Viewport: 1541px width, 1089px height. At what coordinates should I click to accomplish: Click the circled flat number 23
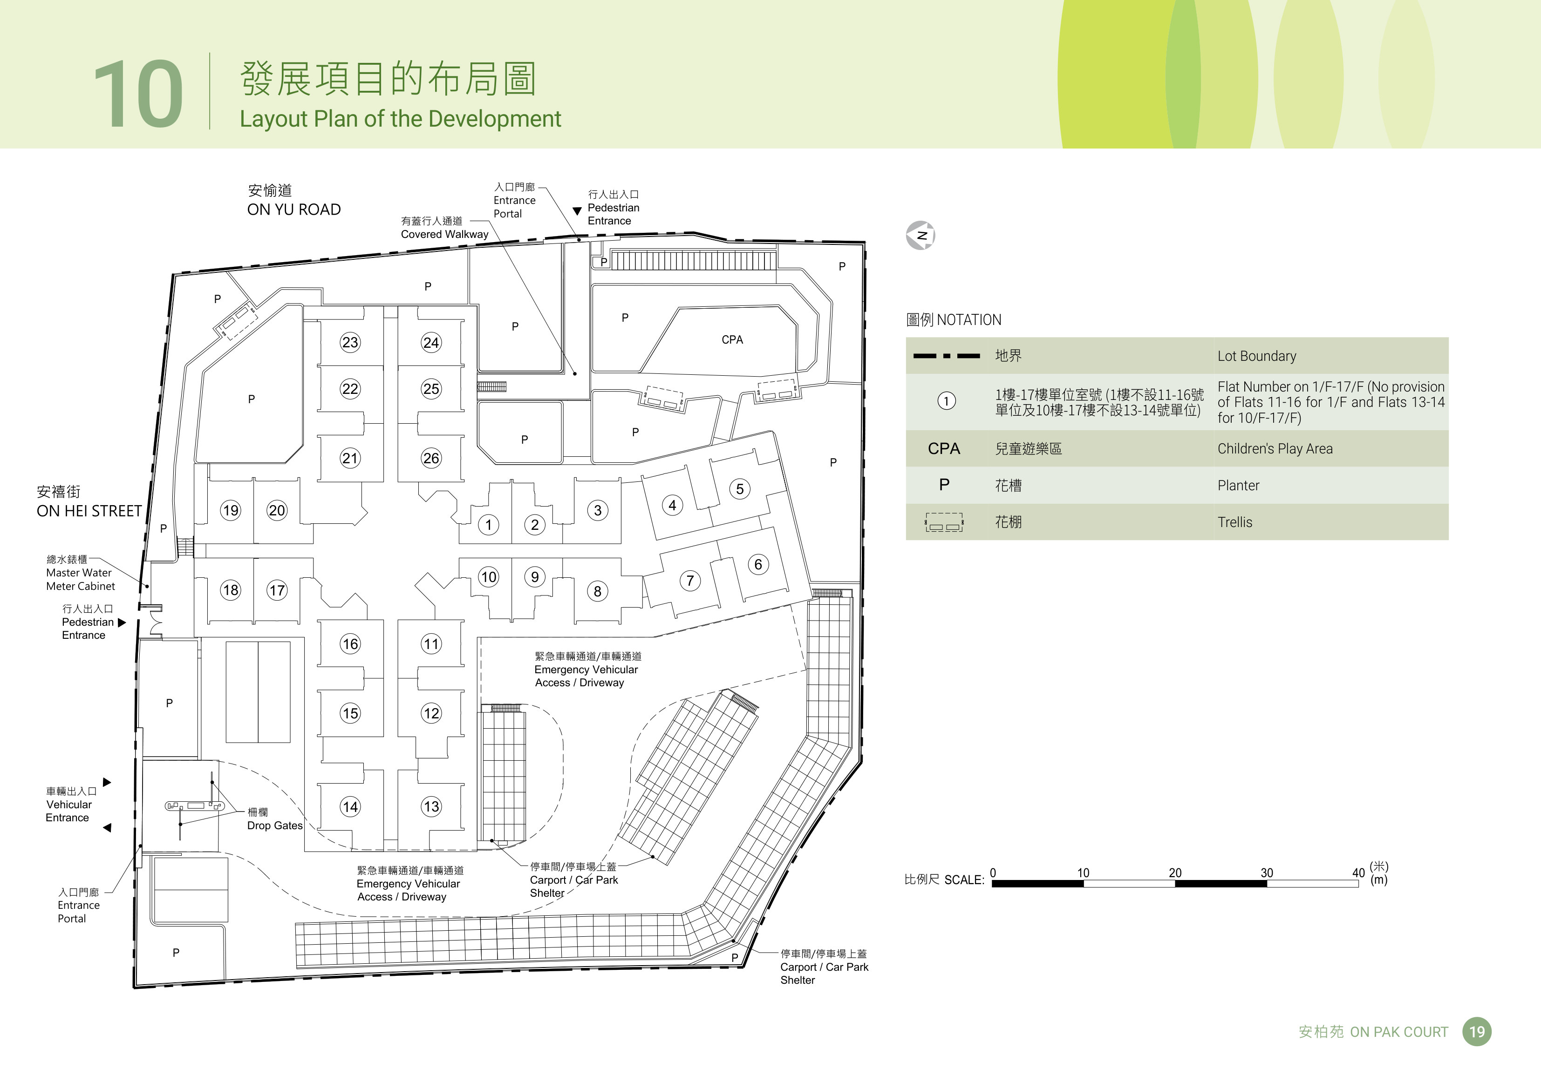[350, 342]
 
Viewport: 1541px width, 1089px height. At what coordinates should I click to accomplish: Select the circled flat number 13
[431, 806]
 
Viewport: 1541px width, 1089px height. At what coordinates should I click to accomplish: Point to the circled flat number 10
[489, 577]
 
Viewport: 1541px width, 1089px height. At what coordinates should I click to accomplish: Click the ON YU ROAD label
[294, 210]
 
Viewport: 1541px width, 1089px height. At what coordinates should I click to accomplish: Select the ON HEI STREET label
[89, 511]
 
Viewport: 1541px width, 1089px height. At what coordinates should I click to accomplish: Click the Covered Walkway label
[444, 234]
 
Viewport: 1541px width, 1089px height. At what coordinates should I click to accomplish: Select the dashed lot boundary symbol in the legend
[946, 356]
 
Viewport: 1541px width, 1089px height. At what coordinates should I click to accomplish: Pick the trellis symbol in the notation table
[944, 522]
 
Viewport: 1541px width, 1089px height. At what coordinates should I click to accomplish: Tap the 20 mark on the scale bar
[1175, 873]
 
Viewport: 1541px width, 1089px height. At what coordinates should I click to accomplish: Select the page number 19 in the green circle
[1477, 1032]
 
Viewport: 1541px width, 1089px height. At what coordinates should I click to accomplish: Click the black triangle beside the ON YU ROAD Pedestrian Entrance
[577, 211]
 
